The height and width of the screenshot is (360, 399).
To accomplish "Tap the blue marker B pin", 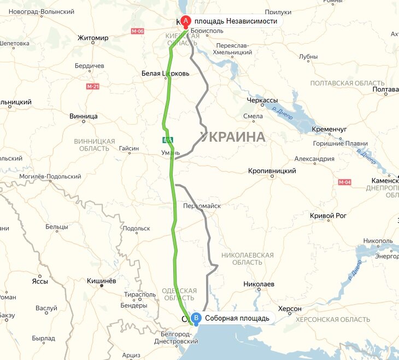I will tap(196, 318).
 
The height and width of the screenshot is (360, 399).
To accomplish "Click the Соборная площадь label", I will tap(237, 318).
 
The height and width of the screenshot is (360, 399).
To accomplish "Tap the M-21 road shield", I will tap(92, 86).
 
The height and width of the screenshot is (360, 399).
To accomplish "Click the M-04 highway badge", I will tap(344, 182).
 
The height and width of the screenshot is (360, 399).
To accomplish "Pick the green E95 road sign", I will tap(167, 139).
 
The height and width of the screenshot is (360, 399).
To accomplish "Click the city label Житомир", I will tap(93, 38).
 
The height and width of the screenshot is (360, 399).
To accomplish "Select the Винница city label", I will tap(84, 117).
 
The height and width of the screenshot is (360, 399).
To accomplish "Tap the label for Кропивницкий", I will tap(272, 171).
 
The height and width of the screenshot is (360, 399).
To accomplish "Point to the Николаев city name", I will tap(259, 284).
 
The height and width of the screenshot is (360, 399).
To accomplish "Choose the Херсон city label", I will tap(290, 309).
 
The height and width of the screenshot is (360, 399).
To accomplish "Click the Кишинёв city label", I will tap(102, 281).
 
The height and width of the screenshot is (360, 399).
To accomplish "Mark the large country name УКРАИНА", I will tap(233, 137).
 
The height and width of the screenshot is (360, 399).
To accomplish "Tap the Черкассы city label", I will tap(262, 101).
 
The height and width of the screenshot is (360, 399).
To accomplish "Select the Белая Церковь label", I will tap(165, 73).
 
